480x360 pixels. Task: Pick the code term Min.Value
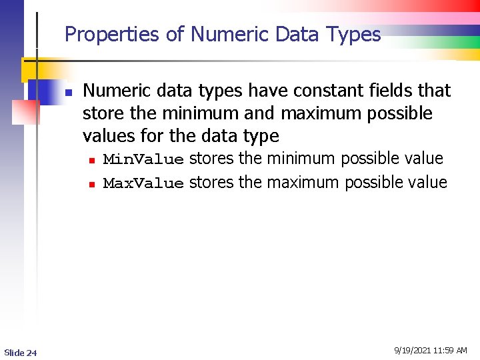tap(143, 159)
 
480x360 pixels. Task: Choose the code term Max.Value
tap(143, 183)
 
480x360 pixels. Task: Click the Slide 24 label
tap(21, 352)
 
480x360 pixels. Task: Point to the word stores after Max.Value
tap(211, 183)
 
